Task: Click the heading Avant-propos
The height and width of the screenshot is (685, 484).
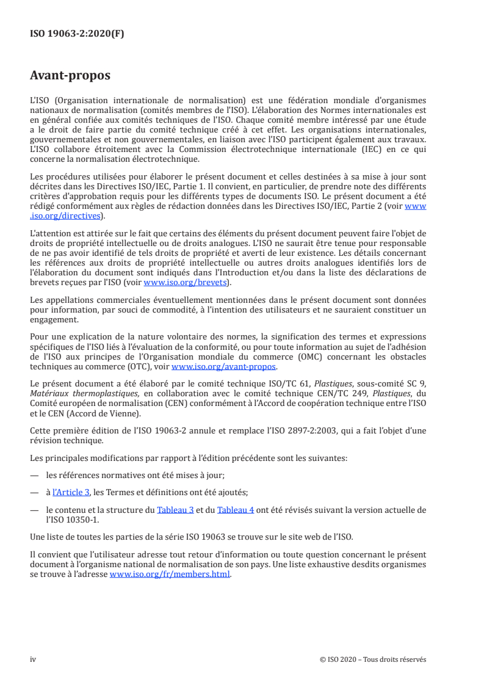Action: (x=70, y=76)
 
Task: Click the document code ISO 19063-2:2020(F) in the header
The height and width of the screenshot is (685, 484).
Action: (x=77, y=34)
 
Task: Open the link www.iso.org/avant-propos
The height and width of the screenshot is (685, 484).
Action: (x=224, y=367)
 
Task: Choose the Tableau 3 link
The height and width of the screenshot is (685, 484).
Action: (x=172, y=509)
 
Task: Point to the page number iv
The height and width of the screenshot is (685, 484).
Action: (x=33, y=659)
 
